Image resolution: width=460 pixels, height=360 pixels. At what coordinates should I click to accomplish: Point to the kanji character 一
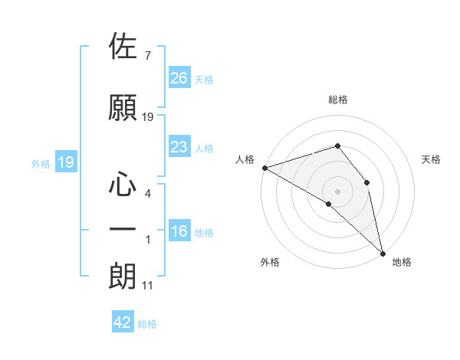click(x=123, y=229)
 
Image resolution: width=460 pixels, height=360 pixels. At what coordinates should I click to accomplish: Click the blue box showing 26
click(x=179, y=77)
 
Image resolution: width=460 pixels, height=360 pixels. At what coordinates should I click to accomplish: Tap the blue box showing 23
click(x=179, y=147)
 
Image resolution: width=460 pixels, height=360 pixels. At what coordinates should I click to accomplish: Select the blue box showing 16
click(x=179, y=231)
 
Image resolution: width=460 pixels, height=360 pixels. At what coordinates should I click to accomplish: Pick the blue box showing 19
click(x=65, y=162)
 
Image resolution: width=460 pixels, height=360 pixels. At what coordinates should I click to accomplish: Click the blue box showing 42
click(x=123, y=322)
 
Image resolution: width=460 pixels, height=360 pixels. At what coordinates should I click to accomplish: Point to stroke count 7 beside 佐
click(x=147, y=55)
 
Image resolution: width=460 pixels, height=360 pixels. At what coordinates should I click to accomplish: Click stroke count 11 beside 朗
click(x=147, y=286)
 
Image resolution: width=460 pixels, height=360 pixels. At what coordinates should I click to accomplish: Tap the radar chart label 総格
click(x=337, y=100)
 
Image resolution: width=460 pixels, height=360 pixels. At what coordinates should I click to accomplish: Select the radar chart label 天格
click(x=431, y=159)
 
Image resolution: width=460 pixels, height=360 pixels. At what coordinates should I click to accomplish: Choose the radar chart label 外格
click(x=270, y=263)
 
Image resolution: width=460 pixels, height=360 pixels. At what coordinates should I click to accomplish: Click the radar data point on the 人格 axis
click(x=264, y=167)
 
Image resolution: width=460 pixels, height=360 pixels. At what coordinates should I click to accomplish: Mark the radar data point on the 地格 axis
click(x=383, y=252)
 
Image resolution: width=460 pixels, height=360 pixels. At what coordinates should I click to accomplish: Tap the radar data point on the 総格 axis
click(x=337, y=146)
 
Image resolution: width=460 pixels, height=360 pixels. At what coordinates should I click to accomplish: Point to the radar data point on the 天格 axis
click(x=367, y=182)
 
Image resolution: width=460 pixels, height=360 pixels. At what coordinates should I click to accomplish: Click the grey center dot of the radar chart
click(x=337, y=191)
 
